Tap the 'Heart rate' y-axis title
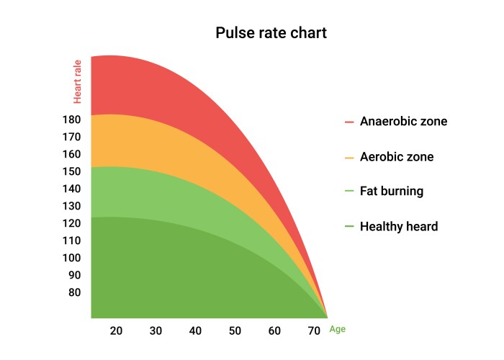pyautogui.click(x=77, y=81)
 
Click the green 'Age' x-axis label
pyautogui.click(x=338, y=329)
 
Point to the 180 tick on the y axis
pyautogui.click(x=71, y=120)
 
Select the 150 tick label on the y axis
pyautogui.click(x=71, y=171)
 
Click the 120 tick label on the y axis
pyautogui.click(x=71, y=223)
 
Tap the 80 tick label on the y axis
pyautogui.click(x=74, y=292)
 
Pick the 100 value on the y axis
pyautogui.click(x=71, y=258)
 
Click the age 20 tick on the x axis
pyautogui.click(x=116, y=330)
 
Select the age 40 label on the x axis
pyautogui.click(x=195, y=330)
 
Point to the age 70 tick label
pyautogui.click(x=314, y=330)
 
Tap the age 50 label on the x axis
pyautogui.click(x=235, y=330)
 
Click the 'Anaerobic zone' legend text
pyautogui.click(x=403, y=122)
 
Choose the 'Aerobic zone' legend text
pyautogui.click(x=397, y=157)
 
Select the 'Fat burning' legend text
pyautogui.click(x=392, y=192)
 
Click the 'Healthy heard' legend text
pyautogui.click(x=399, y=227)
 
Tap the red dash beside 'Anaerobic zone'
pyautogui.click(x=349, y=122)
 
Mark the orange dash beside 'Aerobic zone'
pyautogui.click(x=349, y=157)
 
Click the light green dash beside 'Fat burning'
pyautogui.click(x=349, y=192)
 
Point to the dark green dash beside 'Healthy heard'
pyautogui.click(x=349, y=227)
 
